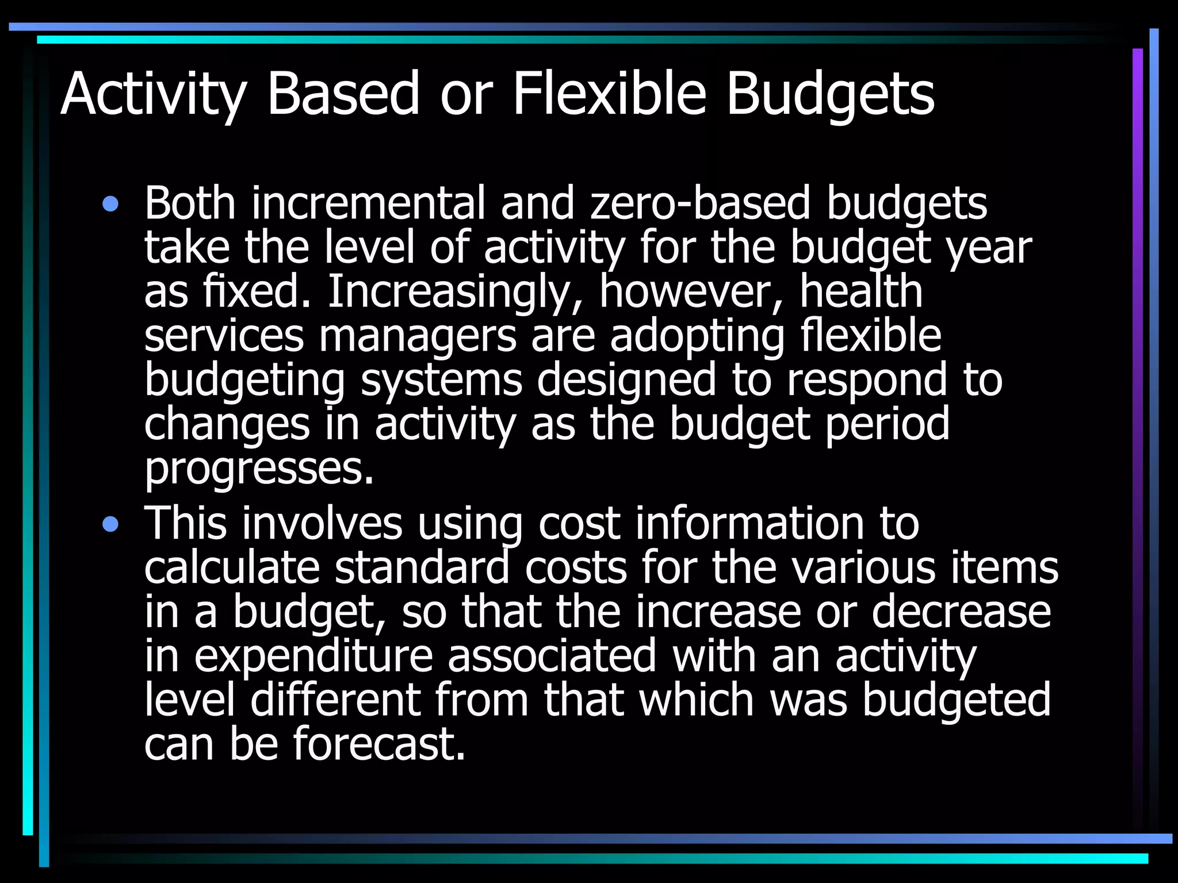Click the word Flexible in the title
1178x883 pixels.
(x=609, y=93)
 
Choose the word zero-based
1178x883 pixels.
(x=701, y=204)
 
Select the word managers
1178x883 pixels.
(x=418, y=336)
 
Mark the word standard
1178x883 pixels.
(x=422, y=568)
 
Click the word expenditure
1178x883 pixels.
(x=313, y=657)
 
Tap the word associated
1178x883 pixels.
(x=552, y=656)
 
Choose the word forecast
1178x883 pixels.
(x=379, y=744)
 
